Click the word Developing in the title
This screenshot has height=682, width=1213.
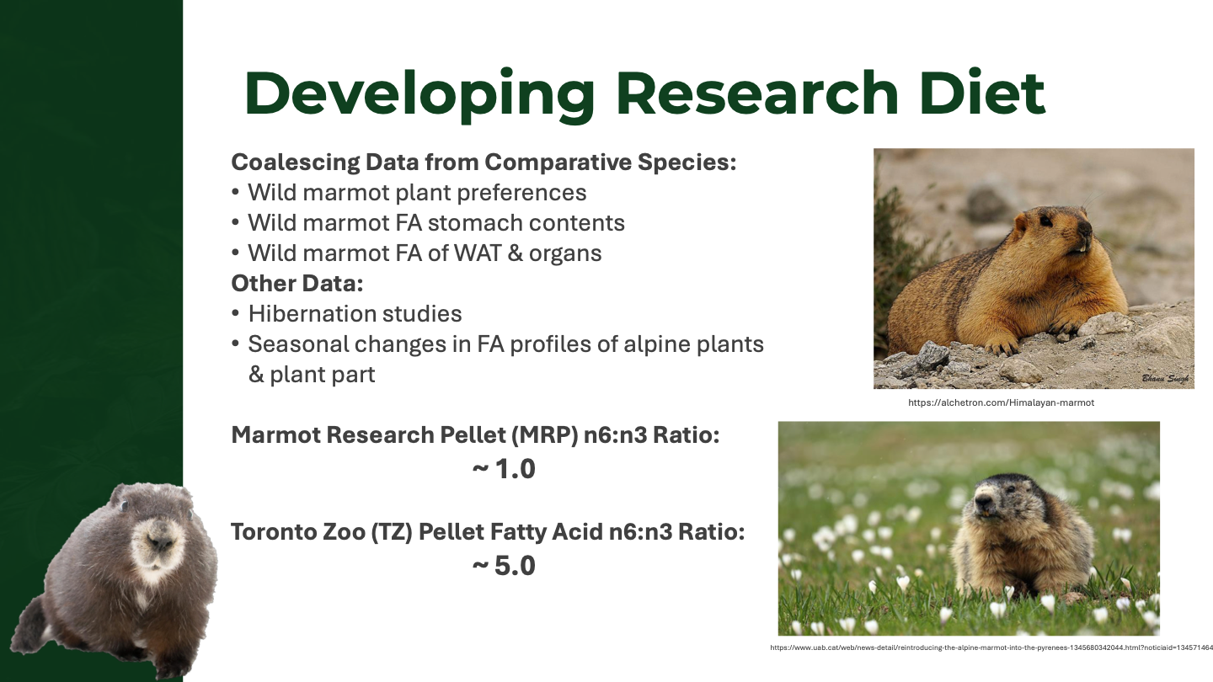pos(419,94)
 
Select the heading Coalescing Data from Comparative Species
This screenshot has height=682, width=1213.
pos(484,162)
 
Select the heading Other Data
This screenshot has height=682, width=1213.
pos(297,283)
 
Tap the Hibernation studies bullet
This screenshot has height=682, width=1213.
pos(346,314)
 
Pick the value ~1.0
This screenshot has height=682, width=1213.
pos(504,469)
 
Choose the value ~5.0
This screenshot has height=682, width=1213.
pos(504,566)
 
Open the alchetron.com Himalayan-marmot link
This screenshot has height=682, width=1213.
pos(1001,402)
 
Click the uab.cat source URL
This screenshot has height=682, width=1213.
pos(991,647)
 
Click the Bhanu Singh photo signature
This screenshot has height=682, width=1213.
pos(1165,378)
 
